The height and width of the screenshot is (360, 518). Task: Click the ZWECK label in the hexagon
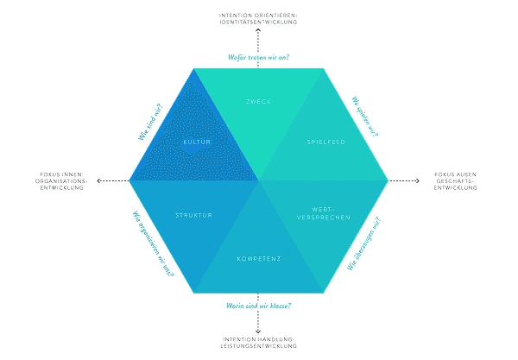coord(258,102)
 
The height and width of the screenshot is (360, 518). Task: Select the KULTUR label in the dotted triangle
coord(196,141)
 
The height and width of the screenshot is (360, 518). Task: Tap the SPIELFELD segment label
coord(325,141)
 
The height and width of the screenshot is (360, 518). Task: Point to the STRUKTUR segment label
coord(193,215)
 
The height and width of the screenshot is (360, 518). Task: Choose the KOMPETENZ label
coord(259,258)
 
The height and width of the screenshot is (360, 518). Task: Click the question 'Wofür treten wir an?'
coord(258,57)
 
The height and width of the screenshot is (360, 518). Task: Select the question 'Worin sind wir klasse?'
coord(259,306)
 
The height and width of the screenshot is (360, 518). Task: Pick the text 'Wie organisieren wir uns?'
coord(153,244)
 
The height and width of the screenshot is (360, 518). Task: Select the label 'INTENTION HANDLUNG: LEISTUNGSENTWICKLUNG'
coord(258,342)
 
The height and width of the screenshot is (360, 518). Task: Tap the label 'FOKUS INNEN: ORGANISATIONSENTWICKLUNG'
coord(61,180)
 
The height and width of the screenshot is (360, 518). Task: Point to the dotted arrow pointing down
coord(258,324)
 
